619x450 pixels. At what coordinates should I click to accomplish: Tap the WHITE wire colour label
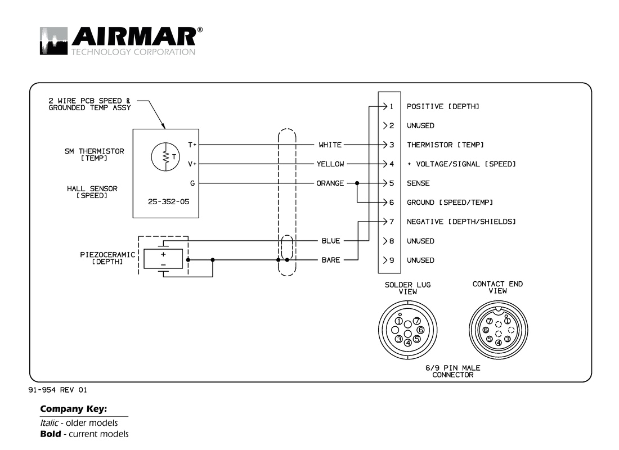[x=330, y=145]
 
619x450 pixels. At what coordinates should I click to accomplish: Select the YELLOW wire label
[x=330, y=164]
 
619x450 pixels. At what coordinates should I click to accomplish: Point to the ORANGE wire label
[x=330, y=183]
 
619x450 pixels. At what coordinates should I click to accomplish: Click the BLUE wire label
[x=330, y=241]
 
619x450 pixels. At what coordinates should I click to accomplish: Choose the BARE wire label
[x=330, y=260]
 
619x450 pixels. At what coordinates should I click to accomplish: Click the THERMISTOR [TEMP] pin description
[x=445, y=145]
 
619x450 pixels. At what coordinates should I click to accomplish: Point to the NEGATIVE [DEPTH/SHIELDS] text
[x=461, y=222]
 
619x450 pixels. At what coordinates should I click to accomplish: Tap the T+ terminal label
[x=192, y=145]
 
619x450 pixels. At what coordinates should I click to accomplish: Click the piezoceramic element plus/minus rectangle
[x=163, y=259]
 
